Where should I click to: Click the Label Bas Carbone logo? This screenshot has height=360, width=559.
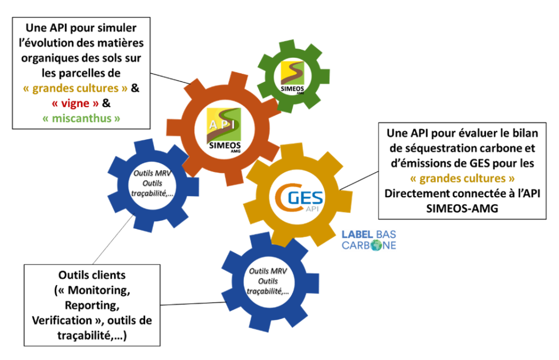tap(369, 240)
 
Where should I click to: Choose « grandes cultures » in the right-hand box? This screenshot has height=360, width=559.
tap(461, 178)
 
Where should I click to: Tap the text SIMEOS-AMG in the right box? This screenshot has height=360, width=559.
tap(461, 208)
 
